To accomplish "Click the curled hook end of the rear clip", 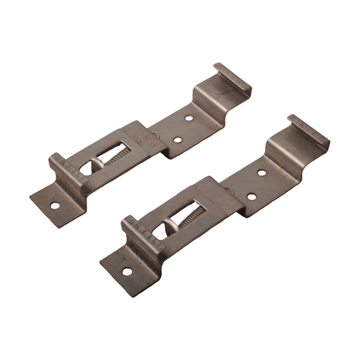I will tap(232, 78).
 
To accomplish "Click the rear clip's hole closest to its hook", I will tap(189, 118).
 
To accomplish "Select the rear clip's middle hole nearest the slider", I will tap(177, 140).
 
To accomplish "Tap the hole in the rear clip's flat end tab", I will tap(55, 205).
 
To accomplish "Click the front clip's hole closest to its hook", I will tap(262, 172).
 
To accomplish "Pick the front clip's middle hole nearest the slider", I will tap(251, 196).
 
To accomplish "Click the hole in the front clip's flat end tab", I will tap(127, 271).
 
